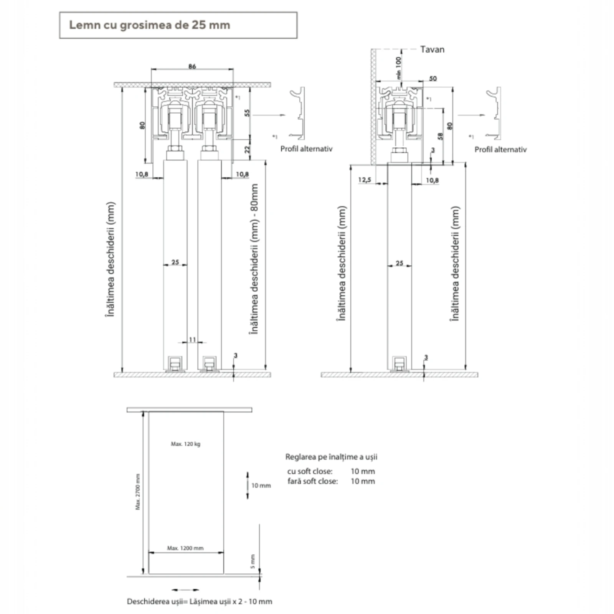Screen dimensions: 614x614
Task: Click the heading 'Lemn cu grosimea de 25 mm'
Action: click(x=149, y=25)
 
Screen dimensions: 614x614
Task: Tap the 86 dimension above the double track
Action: click(x=192, y=66)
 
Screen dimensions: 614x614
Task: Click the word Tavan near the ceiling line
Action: click(x=432, y=50)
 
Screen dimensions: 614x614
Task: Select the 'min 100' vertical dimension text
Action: click(x=398, y=68)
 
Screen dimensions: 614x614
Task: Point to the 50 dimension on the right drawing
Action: click(x=432, y=79)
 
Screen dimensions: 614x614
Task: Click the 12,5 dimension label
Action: click(x=364, y=180)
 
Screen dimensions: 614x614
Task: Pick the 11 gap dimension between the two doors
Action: click(x=192, y=339)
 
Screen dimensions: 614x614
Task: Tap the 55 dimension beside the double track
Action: click(x=247, y=113)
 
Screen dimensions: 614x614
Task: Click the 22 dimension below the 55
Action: click(x=247, y=149)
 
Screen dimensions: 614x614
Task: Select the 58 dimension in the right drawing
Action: click(x=440, y=136)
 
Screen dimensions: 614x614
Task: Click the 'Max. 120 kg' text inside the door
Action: click(x=185, y=444)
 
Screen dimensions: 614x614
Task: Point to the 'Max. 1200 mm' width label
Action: click(x=185, y=548)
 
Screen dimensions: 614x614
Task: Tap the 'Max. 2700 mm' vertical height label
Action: click(x=138, y=492)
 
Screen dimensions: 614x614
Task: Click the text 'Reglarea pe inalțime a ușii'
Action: click(x=331, y=457)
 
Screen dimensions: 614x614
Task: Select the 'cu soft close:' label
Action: click(x=309, y=471)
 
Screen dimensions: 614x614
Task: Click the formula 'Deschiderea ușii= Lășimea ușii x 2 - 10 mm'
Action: click(x=199, y=601)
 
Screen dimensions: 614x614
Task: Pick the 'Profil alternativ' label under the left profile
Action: click(x=306, y=149)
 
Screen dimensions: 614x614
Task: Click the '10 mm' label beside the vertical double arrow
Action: click(x=261, y=485)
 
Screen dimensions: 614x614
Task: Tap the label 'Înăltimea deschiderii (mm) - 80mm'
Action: click(x=254, y=259)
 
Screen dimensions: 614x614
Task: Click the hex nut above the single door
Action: click(x=399, y=150)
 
